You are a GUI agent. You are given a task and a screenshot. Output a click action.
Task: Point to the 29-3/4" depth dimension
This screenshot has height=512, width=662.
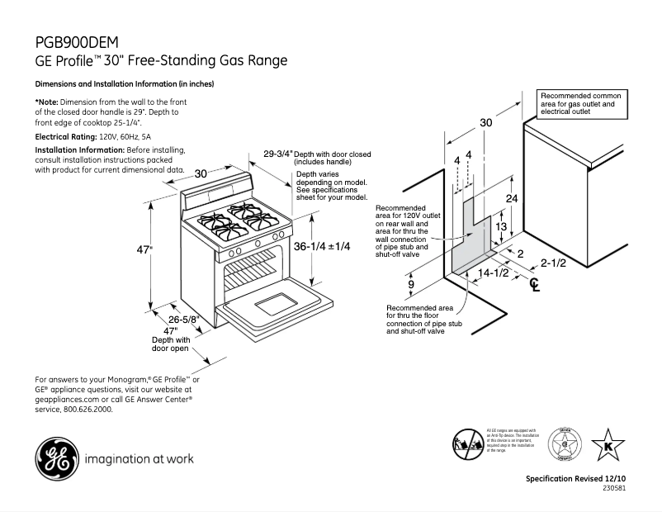click(x=278, y=154)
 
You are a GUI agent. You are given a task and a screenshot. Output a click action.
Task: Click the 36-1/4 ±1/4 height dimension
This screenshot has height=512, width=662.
click(x=323, y=246)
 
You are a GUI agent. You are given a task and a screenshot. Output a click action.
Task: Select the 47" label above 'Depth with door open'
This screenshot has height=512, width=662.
click(x=171, y=330)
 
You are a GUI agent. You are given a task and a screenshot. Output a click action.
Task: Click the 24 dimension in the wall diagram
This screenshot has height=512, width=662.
click(x=511, y=199)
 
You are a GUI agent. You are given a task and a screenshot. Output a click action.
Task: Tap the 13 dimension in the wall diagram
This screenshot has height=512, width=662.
click(x=500, y=226)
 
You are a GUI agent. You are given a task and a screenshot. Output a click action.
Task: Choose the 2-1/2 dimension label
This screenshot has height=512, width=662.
click(x=553, y=264)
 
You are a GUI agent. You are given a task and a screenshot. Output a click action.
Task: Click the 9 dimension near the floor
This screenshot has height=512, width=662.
click(x=411, y=285)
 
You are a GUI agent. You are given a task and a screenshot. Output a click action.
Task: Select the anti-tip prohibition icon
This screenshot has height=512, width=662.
click(x=467, y=443)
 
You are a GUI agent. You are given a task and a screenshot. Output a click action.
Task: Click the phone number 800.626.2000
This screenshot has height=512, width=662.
click(x=88, y=409)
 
